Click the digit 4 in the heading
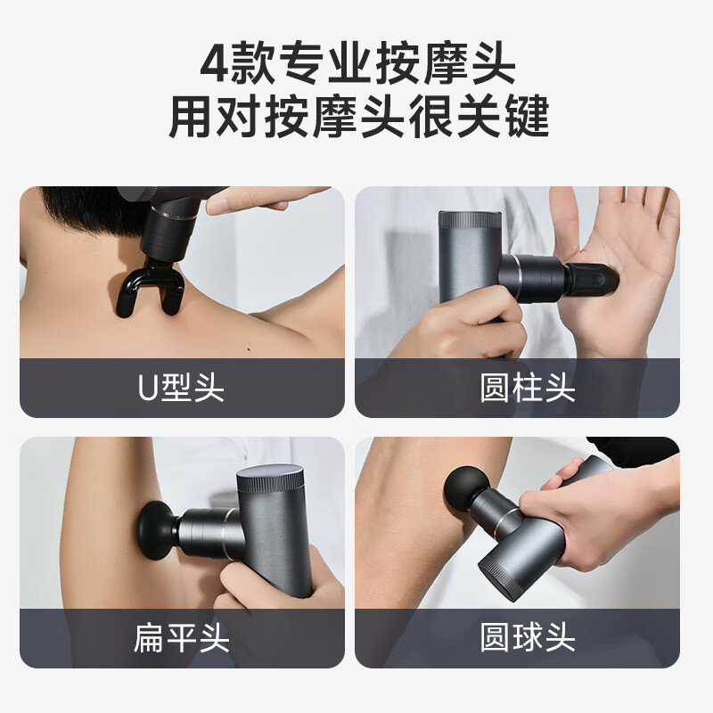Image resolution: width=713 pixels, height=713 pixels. (x=214, y=62)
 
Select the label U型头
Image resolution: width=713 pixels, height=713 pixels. (x=181, y=388)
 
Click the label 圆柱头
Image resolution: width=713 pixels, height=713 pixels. (x=528, y=388)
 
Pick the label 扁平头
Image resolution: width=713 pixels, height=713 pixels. (x=182, y=638)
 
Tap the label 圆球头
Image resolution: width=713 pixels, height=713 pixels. (x=528, y=637)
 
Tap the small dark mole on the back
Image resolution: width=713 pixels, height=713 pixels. (x=249, y=349)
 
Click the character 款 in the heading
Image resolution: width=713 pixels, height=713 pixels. (x=253, y=62)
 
